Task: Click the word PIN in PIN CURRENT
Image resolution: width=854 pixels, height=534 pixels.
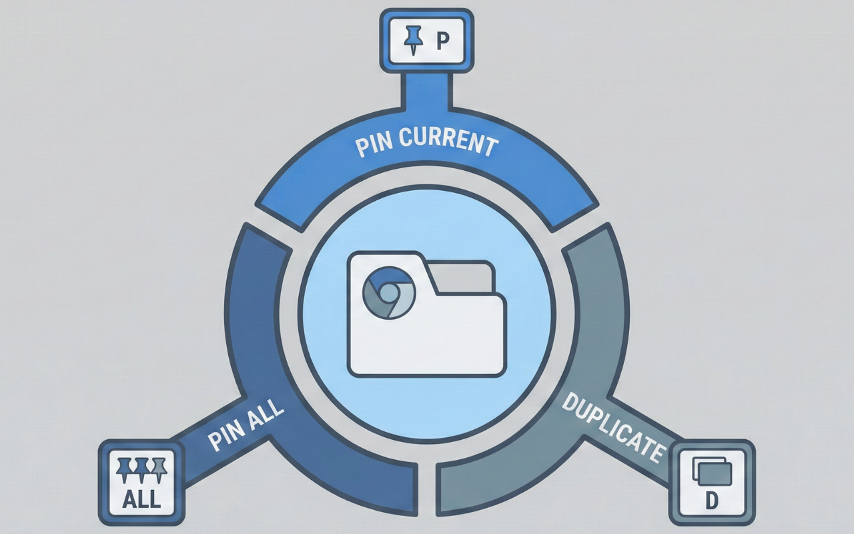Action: pyautogui.click(x=374, y=144)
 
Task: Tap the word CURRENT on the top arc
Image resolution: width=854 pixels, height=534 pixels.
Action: pyautogui.click(x=449, y=140)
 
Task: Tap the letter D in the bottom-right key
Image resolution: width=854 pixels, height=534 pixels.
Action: pyautogui.click(x=711, y=501)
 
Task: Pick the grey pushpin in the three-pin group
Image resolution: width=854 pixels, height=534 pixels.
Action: pyautogui.click(x=159, y=469)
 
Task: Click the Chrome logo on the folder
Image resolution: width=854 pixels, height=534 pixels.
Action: pyautogui.click(x=389, y=292)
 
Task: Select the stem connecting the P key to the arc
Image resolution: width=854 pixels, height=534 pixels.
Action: pyautogui.click(x=426, y=91)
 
